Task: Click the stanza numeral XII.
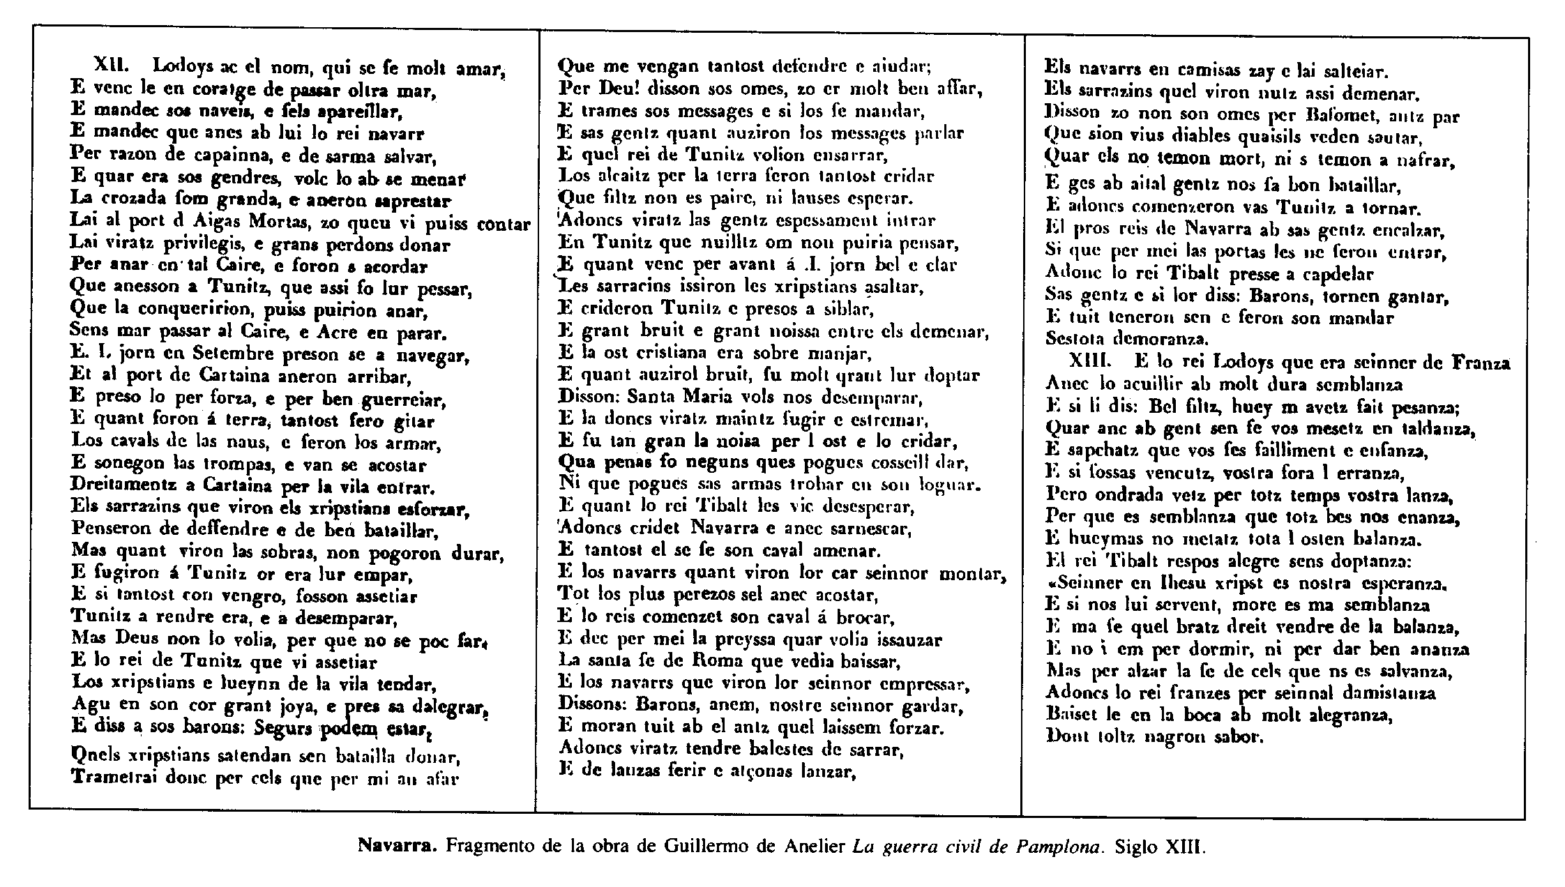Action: (110, 66)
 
